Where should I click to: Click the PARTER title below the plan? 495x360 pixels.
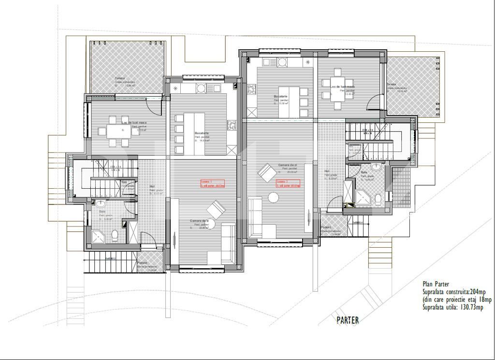coord(348,320)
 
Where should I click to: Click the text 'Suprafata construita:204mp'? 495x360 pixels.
coord(454,292)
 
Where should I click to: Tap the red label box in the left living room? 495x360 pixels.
coord(213,183)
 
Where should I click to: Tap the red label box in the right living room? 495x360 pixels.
coord(289,183)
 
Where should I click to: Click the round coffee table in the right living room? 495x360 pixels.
coord(274,197)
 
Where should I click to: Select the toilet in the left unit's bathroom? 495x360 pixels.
coord(115,236)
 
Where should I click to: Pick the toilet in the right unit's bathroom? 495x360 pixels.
coord(378,199)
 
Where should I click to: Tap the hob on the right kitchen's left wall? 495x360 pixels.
coord(251,89)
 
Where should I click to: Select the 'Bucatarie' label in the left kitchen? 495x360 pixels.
coord(202,133)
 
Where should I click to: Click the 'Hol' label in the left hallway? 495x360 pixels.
coord(152,186)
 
